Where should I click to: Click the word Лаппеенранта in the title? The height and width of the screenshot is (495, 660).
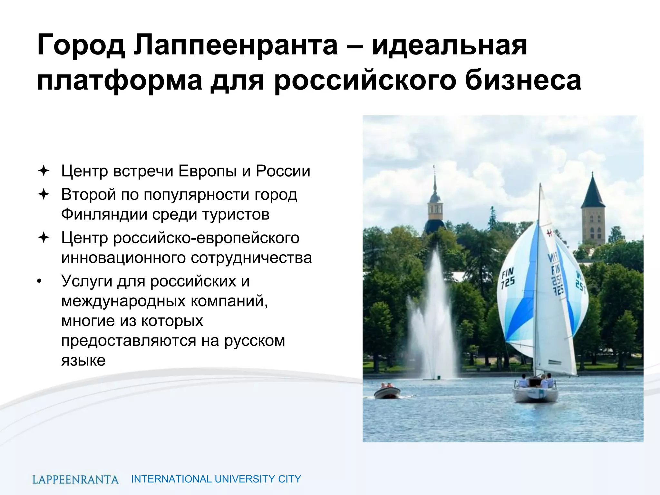coord(235,45)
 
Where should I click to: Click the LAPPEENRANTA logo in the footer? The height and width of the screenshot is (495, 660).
coord(75,479)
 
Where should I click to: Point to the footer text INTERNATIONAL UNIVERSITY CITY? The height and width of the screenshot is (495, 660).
coord(216,479)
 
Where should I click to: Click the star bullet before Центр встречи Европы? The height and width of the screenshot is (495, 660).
coord(44,171)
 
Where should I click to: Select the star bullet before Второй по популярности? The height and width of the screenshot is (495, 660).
coord(44,194)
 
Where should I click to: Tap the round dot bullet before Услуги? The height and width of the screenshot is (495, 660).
coord(39,281)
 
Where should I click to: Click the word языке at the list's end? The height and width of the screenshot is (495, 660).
coord(83,360)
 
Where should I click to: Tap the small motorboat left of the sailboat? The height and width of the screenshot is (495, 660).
coord(387,392)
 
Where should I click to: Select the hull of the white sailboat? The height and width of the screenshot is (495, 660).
coord(535,394)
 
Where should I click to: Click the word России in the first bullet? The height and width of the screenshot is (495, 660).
coord(283,171)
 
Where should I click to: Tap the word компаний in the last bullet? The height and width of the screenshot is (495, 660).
coord(229,301)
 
